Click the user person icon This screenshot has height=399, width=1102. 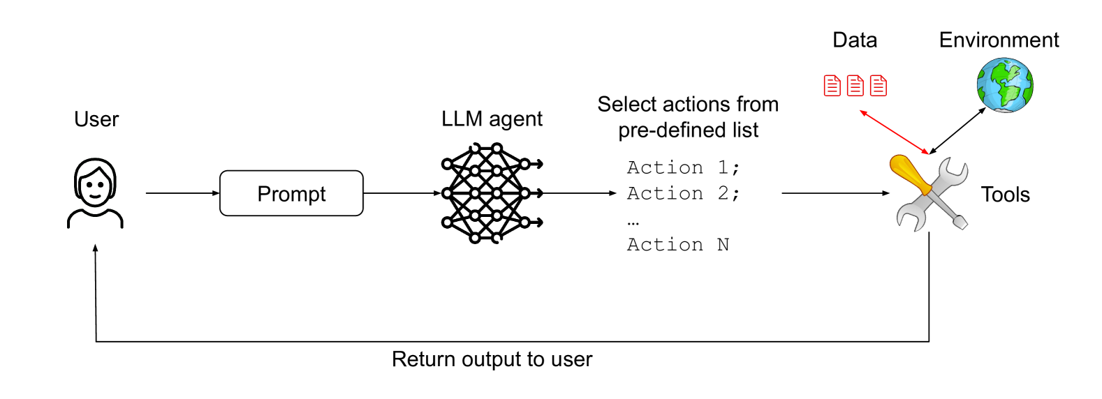click(x=95, y=193)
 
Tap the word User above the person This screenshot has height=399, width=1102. click(x=96, y=119)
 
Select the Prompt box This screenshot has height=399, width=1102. click(x=291, y=193)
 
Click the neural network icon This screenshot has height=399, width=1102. click(x=492, y=193)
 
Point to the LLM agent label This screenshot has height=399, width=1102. click(x=492, y=119)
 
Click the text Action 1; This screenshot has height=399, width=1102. click(x=684, y=167)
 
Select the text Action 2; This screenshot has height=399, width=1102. click(x=684, y=193)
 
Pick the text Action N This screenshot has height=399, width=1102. click(x=678, y=244)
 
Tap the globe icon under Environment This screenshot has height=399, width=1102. click(x=1005, y=85)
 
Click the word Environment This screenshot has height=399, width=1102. click(x=999, y=40)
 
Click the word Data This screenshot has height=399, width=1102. click(x=855, y=40)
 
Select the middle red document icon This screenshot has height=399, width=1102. click(x=855, y=86)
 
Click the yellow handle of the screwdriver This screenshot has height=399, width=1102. click(x=910, y=174)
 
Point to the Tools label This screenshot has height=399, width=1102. click(x=1006, y=195)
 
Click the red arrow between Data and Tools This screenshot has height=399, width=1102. click(x=895, y=132)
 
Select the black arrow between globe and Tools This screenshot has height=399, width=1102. click(x=957, y=130)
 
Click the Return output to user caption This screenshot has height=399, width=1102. click(x=492, y=359)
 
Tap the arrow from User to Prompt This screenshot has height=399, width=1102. click(x=182, y=193)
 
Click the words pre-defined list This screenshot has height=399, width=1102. click(x=689, y=130)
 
